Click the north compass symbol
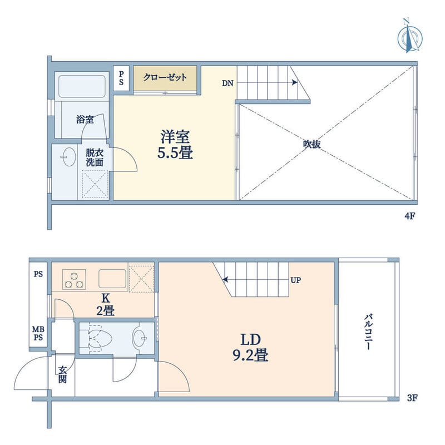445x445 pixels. [x=409, y=36]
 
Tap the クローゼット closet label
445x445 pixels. [x=165, y=77]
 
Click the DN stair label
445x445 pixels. [x=228, y=83]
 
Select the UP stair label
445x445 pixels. [x=295, y=280]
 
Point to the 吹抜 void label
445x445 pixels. [x=312, y=144]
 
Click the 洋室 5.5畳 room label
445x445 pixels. [x=175, y=144]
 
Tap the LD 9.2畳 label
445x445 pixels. [x=251, y=347]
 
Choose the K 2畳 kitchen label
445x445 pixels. [x=106, y=305]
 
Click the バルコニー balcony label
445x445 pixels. [x=368, y=332]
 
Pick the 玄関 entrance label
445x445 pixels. [x=62, y=374]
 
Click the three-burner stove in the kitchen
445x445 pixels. [x=74, y=279]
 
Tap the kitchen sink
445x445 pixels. [x=112, y=279]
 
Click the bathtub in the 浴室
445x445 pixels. [x=82, y=86]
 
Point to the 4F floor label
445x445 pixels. [x=410, y=216]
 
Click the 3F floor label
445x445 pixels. [x=412, y=398]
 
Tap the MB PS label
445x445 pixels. [x=38, y=333]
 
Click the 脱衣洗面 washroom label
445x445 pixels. [x=95, y=158]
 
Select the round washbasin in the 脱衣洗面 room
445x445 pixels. [x=68, y=157]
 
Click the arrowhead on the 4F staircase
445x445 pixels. [x=295, y=82]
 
